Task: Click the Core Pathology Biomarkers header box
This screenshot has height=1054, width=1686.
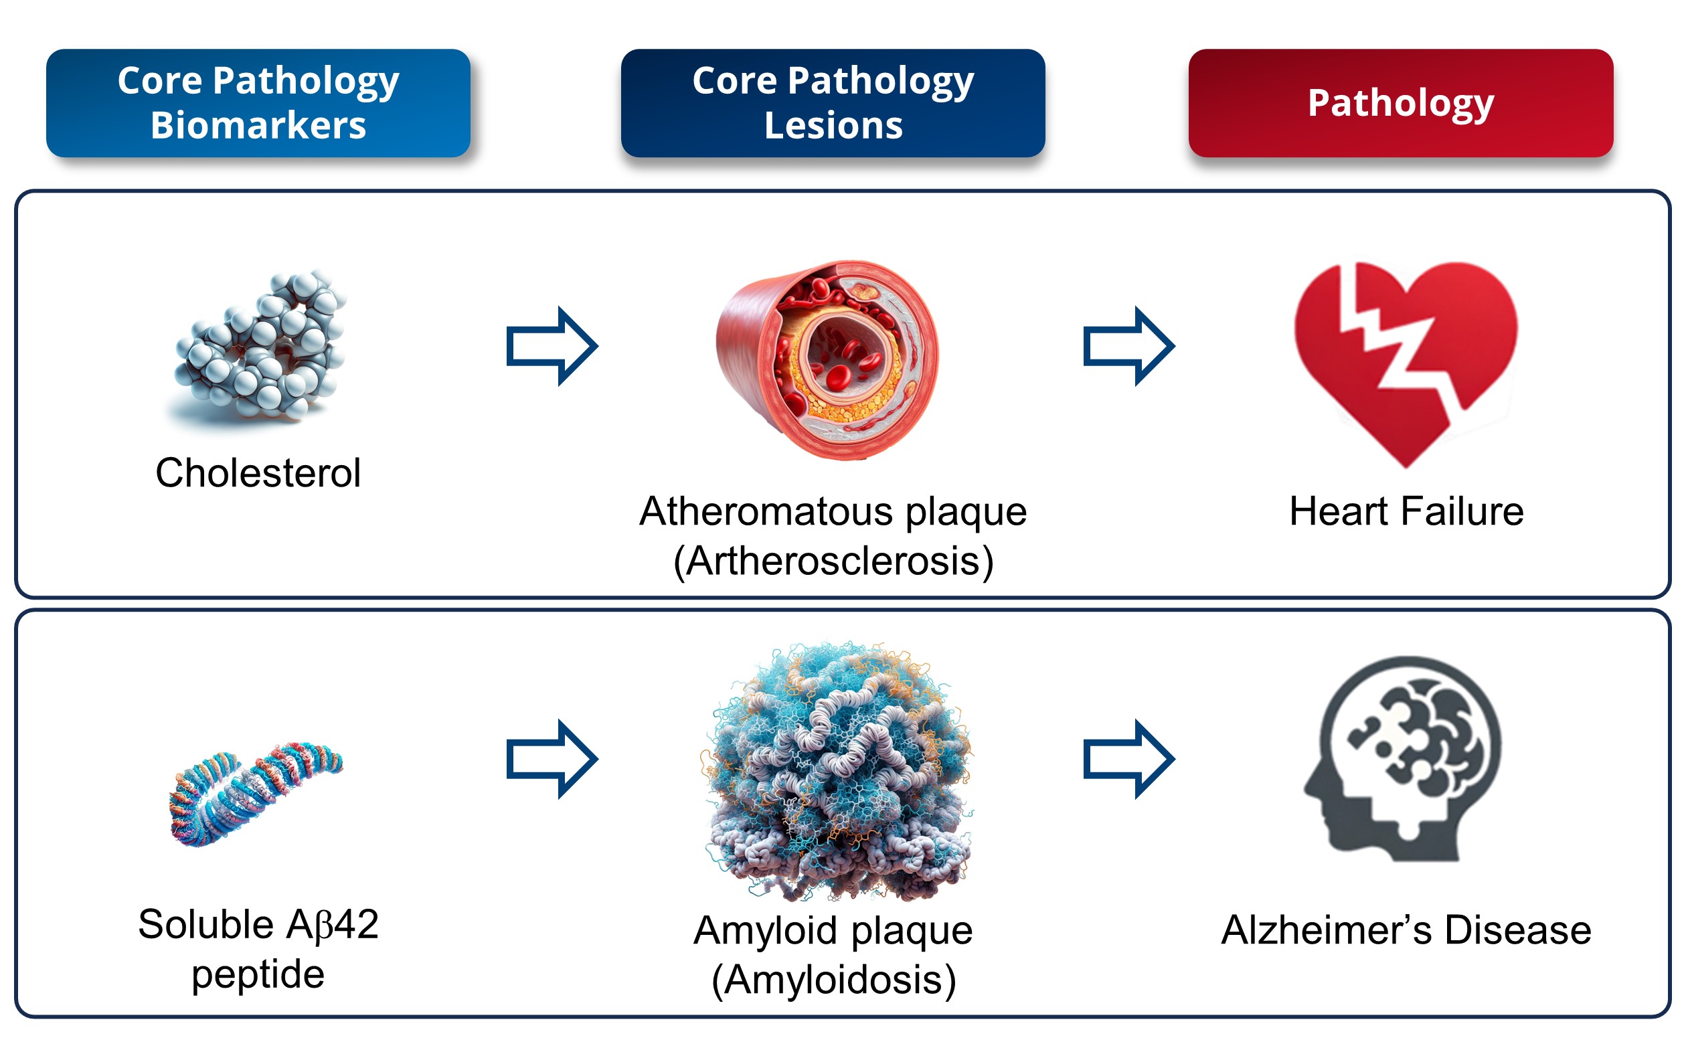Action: coord(258,102)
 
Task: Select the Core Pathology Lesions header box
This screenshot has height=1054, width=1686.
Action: coord(833,102)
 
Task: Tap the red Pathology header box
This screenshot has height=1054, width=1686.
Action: coord(1401,102)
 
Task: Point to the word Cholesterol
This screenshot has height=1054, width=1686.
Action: coord(258,472)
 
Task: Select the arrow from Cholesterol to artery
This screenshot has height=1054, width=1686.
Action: coord(552,346)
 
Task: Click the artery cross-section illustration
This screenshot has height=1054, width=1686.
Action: coord(827,361)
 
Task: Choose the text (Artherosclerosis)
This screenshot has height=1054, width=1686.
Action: coord(833,561)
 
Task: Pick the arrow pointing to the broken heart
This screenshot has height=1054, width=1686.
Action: coord(1128,346)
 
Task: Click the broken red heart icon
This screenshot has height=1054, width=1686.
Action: coord(1406,365)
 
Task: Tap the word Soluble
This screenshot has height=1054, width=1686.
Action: coord(205,925)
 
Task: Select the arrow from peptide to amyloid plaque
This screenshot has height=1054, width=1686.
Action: coord(552,759)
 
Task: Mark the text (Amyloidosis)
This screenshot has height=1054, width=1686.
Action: coord(833,980)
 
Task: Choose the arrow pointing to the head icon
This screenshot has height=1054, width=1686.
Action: coord(1128,759)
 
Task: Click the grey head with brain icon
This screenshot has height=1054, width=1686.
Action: coord(1402,758)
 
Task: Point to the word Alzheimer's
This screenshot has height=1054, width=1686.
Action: coord(1327,930)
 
